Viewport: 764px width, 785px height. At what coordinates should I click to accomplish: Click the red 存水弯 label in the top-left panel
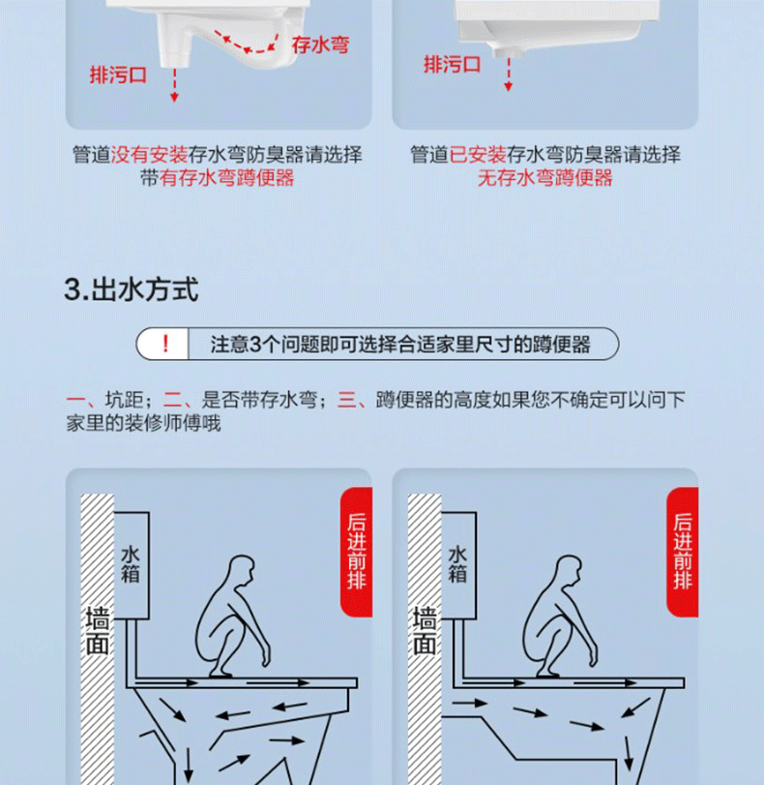click(320, 44)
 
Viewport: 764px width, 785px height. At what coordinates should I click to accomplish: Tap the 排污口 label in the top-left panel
click(118, 75)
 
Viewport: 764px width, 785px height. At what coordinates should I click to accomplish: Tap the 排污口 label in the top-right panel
click(452, 65)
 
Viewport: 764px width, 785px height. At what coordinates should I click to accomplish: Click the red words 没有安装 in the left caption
click(149, 155)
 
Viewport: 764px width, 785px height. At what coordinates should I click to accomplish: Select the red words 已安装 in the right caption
click(478, 155)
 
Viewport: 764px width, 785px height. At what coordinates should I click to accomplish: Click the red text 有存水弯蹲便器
click(227, 178)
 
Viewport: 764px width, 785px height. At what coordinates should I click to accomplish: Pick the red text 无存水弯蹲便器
click(544, 178)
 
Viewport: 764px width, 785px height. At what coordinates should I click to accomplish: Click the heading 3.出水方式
click(131, 289)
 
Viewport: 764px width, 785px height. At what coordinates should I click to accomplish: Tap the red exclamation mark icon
click(165, 344)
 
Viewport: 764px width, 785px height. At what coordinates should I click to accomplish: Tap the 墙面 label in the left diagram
click(97, 629)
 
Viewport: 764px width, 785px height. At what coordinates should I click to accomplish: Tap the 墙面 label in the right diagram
click(424, 629)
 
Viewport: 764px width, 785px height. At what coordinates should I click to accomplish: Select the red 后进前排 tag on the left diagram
click(357, 552)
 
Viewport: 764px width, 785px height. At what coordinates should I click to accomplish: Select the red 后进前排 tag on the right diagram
click(683, 552)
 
